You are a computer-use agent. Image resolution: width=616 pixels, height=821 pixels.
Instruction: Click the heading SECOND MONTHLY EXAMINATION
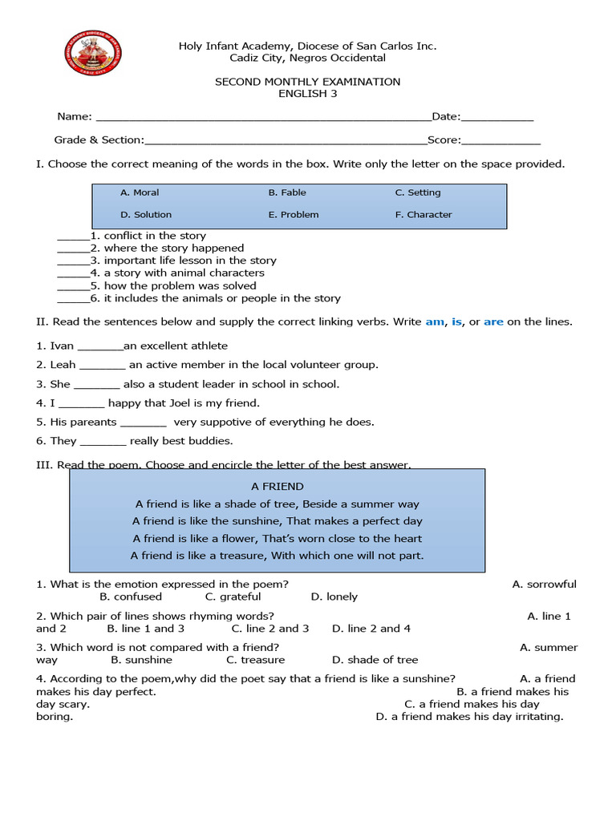[x=307, y=82]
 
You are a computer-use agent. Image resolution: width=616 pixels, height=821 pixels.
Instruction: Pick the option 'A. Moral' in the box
[x=140, y=192]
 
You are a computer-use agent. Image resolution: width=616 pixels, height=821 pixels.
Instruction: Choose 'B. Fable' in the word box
[x=287, y=192]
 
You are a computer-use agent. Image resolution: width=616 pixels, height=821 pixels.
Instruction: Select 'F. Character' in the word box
[x=423, y=215]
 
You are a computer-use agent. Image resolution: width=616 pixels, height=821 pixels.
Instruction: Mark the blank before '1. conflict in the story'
[x=73, y=237]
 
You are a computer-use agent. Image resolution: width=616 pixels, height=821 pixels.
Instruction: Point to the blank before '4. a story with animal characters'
[x=73, y=274]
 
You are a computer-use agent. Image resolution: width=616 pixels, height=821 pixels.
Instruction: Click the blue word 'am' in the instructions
[x=434, y=322]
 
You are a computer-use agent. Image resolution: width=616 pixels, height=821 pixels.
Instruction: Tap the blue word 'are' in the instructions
[x=493, y=322]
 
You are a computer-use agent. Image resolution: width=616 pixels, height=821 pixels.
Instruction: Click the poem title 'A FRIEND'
[x=278, y=487]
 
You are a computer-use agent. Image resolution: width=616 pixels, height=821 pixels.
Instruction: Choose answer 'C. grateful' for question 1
[x=233, y=597]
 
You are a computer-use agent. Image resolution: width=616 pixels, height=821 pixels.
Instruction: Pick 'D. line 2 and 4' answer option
[x=371, y=629]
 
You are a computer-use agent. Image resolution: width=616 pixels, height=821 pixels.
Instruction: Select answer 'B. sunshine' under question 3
[x=141, y=660]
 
